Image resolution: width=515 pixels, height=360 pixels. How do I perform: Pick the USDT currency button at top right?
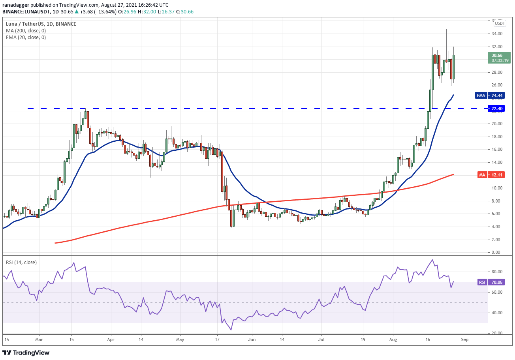click(500, 23)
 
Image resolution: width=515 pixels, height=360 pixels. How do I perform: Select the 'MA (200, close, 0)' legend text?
click(26, 31)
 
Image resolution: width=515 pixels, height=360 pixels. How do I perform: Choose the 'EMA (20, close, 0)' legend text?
click(26, 37)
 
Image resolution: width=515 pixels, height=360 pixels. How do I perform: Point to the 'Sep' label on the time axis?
click(464, 339)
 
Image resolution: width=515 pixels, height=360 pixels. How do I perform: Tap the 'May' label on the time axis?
click(180, 339)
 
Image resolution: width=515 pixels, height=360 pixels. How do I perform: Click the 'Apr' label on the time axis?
click(111, 339)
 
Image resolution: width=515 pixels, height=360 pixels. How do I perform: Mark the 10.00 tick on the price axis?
click(497, 188)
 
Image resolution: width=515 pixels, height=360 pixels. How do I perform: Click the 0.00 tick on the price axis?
click(497, 252)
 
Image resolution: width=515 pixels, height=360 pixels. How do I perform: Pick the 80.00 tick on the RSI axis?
click(497, 272)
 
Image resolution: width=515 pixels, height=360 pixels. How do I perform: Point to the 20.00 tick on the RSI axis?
click(497, 333)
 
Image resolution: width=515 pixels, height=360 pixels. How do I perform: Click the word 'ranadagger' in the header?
click(15, 5)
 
